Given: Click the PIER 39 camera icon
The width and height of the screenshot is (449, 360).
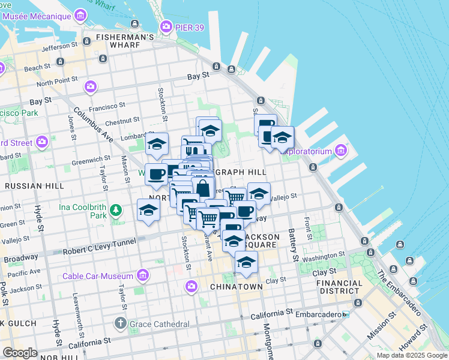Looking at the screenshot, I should pos(166,26).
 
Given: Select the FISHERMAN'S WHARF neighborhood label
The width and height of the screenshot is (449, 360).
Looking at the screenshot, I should pos(125,37).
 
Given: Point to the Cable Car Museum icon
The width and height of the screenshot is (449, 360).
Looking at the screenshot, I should pos(142,275).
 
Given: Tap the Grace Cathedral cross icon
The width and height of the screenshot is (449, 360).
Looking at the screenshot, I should pos(121,324).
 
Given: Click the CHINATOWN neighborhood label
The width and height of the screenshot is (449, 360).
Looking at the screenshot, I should pos(236,287).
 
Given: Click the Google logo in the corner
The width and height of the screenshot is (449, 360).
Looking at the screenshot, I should pos(20,353).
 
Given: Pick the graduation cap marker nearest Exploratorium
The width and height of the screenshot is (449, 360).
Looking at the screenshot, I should pos(282,137).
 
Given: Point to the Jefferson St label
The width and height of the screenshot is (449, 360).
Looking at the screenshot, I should pos(60,46).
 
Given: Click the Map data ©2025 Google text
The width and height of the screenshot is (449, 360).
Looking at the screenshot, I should pos(411,355).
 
